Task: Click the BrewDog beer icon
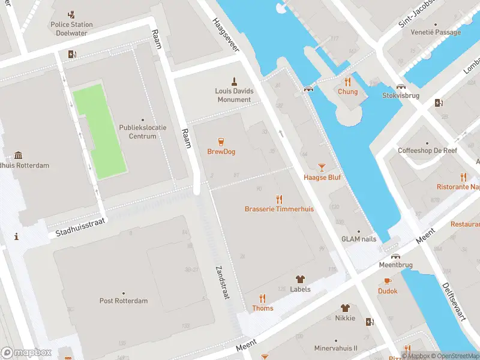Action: coord(221,142)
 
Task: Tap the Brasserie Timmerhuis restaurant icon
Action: coord(279,199)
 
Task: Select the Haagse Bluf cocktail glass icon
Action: coord(322,167)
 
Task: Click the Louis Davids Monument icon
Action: coord(234,81)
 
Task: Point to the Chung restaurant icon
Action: coord(347,82)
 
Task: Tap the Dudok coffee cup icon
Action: coord(388,281)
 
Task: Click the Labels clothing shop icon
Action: coord(300,279)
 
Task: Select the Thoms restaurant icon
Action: coord(262,298)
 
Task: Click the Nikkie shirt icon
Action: coord(345,308)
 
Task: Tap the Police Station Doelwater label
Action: coord(71,29)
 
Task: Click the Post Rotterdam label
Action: coord(123,301)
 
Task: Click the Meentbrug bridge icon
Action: coord(396,256)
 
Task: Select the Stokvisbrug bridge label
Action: coord(401,95)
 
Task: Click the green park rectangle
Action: coord(100,131)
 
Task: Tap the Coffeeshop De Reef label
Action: coord(427,151)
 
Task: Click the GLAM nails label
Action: coord(359,239)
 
